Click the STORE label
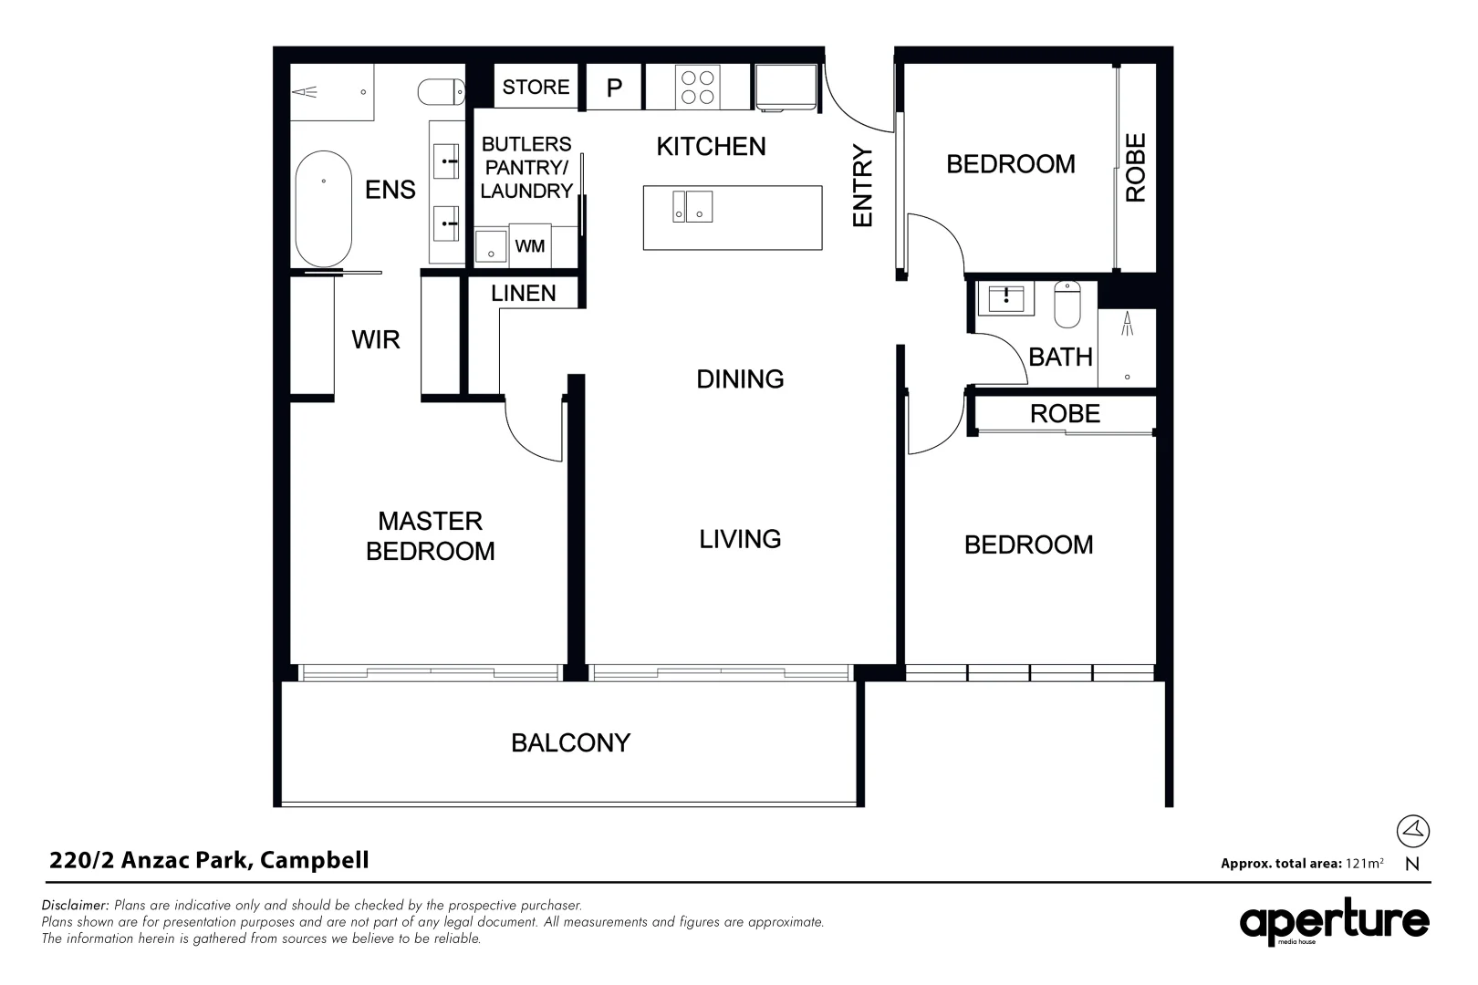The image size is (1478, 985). point(536,87)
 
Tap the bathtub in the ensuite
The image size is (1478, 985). point(324,208)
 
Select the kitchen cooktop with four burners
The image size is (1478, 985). point(697,88)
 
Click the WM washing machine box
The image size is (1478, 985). point(530,246)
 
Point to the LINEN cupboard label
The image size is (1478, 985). point(523,293)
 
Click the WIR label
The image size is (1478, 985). point(376,339)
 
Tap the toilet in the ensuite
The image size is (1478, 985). point(441,91)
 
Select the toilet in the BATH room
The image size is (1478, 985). point(1067,304)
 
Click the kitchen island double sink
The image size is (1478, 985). point(692,206)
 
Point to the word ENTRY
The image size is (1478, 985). point(862,186)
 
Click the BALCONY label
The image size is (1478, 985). point(570,742)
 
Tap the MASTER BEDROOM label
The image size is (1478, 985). point(430,535)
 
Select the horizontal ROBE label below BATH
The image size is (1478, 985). point(1065,413)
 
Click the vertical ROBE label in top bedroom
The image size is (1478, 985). point(1136,168)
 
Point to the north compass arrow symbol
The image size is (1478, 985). point(1412,830)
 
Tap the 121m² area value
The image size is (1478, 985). point(1364,863)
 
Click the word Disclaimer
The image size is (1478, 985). point(75,906)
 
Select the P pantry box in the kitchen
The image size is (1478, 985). point(614,88)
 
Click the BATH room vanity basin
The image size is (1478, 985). point(1006,298)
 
